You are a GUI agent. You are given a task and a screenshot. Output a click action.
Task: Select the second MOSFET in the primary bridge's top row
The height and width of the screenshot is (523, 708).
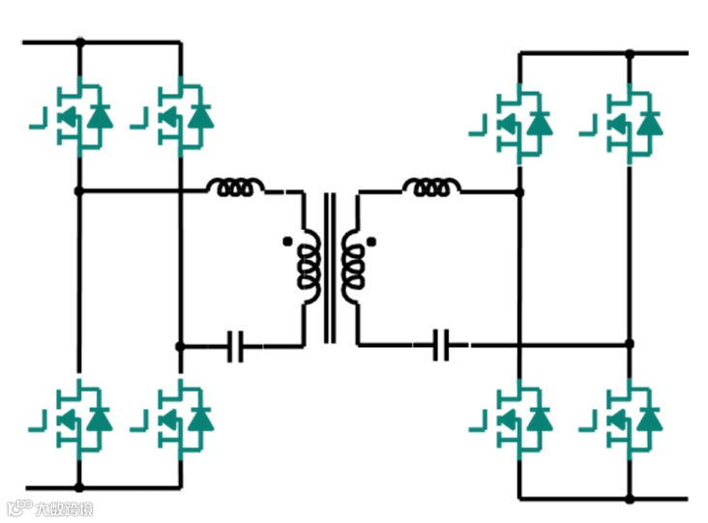182,117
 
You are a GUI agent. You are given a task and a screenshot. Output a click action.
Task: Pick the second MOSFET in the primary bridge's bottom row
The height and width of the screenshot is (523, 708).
182,418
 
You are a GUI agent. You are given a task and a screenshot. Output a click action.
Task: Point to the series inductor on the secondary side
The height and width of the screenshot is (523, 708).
431,187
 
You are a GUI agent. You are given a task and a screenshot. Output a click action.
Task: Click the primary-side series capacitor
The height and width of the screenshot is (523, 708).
234,345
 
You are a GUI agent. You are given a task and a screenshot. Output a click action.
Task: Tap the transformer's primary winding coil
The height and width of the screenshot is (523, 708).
310,266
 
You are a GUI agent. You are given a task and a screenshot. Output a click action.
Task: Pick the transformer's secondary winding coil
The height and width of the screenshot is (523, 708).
352,266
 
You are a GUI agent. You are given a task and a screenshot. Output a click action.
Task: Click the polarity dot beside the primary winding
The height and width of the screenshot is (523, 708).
285,241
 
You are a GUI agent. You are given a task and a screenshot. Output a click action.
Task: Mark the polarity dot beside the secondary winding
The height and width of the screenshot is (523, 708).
371,241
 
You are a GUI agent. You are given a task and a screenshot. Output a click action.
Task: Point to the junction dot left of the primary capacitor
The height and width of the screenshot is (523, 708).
180,345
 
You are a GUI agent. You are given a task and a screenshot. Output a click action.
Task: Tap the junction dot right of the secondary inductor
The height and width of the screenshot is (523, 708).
520,192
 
